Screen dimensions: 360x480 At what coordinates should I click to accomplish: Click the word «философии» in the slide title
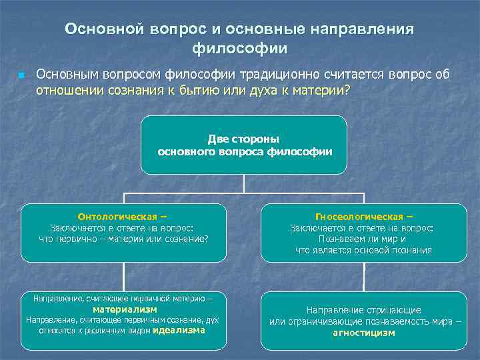pos(239,49)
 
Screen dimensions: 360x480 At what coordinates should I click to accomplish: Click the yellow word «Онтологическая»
pos(118,216)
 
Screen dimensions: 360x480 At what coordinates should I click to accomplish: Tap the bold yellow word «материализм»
pos(125,309)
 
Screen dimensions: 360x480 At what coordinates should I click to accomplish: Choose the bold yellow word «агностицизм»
pos(363,333)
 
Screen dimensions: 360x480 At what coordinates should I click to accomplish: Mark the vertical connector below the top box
pos(245,183)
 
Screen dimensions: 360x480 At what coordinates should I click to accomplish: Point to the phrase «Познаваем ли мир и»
pos(364,239)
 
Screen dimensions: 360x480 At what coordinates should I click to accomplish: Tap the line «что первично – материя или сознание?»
pos(124,238)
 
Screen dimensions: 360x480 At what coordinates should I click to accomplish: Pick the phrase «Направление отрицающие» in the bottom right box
pos(363,310)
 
